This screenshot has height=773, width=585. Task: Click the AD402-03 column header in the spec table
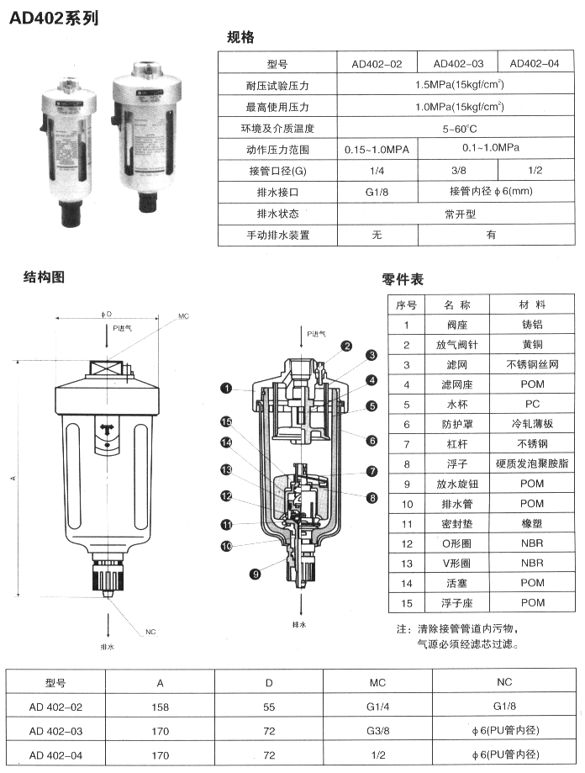(458, 63)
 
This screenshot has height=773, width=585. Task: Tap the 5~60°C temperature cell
(459, 129)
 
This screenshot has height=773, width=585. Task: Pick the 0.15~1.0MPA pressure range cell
(377, 150)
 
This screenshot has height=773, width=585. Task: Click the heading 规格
(240, 36)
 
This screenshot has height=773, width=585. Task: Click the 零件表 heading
(402, 279)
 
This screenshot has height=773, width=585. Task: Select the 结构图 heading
(45, 277)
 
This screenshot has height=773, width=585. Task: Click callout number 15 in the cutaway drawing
(225, 421)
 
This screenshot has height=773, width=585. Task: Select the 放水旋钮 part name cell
(460, 484)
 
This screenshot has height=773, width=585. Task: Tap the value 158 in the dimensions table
(160, 707)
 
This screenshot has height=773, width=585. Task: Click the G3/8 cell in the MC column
(377, 730)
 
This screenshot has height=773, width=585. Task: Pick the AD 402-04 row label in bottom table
(55, 754)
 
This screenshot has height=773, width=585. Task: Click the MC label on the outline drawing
(183, 317)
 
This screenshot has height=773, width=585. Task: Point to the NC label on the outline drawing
(150, 632)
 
